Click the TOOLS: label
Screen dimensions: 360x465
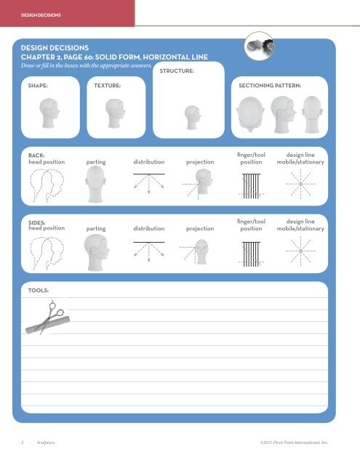[39, 289]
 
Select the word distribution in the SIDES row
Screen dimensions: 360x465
[148, 228]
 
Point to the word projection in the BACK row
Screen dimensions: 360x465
[200, 162]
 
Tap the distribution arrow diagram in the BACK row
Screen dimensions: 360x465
[148, 187]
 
